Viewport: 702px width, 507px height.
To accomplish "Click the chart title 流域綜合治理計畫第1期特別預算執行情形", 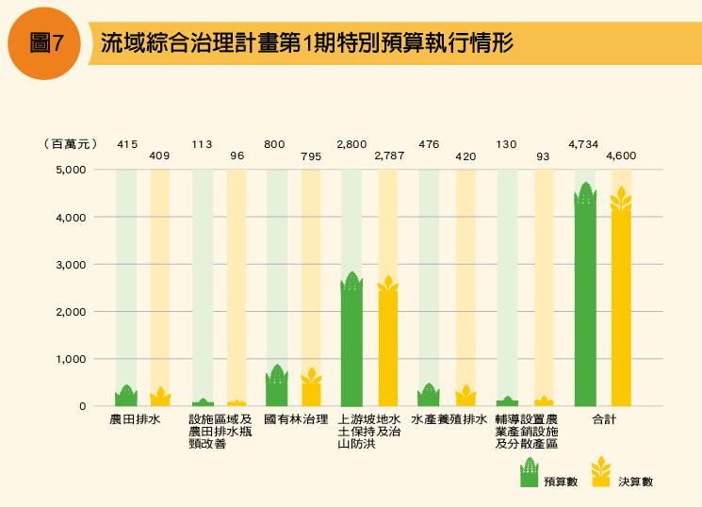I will point(307,44).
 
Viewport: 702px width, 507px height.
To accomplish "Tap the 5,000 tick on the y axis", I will point(72,170).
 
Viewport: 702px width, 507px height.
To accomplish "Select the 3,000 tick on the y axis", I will point(72,265).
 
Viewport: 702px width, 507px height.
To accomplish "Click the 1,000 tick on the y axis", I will point(72,359).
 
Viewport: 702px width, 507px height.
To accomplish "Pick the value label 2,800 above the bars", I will point(352,144).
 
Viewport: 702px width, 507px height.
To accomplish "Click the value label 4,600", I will point(621,155).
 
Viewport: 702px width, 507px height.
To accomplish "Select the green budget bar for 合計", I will point(585,297).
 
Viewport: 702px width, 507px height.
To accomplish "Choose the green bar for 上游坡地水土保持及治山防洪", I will point(351,341).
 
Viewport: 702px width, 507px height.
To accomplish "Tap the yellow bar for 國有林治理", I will point(312,388).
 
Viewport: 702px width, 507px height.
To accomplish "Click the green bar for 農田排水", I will point(126,396).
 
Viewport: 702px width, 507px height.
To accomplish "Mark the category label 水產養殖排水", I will point(448,419).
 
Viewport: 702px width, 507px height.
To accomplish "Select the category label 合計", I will point(604,419).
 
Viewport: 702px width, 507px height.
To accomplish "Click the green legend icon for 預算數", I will point(530,472).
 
